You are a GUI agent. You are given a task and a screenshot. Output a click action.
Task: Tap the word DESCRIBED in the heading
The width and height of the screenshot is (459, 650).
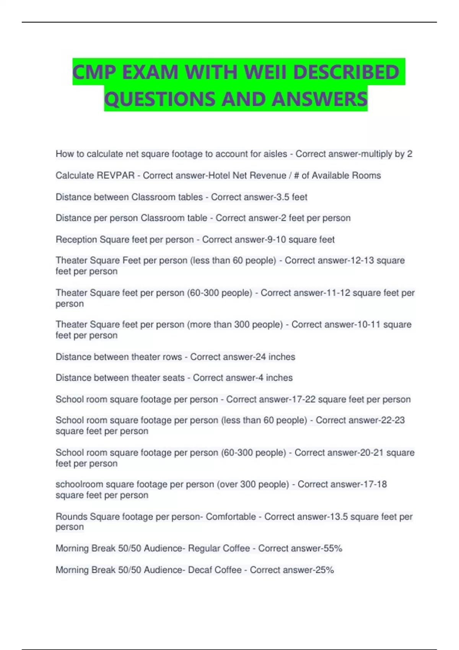tap(346, 72)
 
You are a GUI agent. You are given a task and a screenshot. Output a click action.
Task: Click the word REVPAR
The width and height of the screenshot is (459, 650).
tap(116, 175)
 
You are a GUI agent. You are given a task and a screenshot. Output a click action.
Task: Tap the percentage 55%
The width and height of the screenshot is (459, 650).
tap(333, 548)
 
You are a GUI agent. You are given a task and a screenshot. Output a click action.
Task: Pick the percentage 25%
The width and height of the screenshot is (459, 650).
tap(324, 570)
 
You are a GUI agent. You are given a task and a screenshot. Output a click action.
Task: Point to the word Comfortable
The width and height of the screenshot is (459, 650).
tap(231, 517)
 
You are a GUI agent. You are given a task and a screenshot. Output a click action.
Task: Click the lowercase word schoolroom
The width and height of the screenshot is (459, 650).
tap(79, 484)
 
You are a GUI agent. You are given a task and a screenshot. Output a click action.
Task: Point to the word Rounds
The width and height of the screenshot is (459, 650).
tap(71, 517)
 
